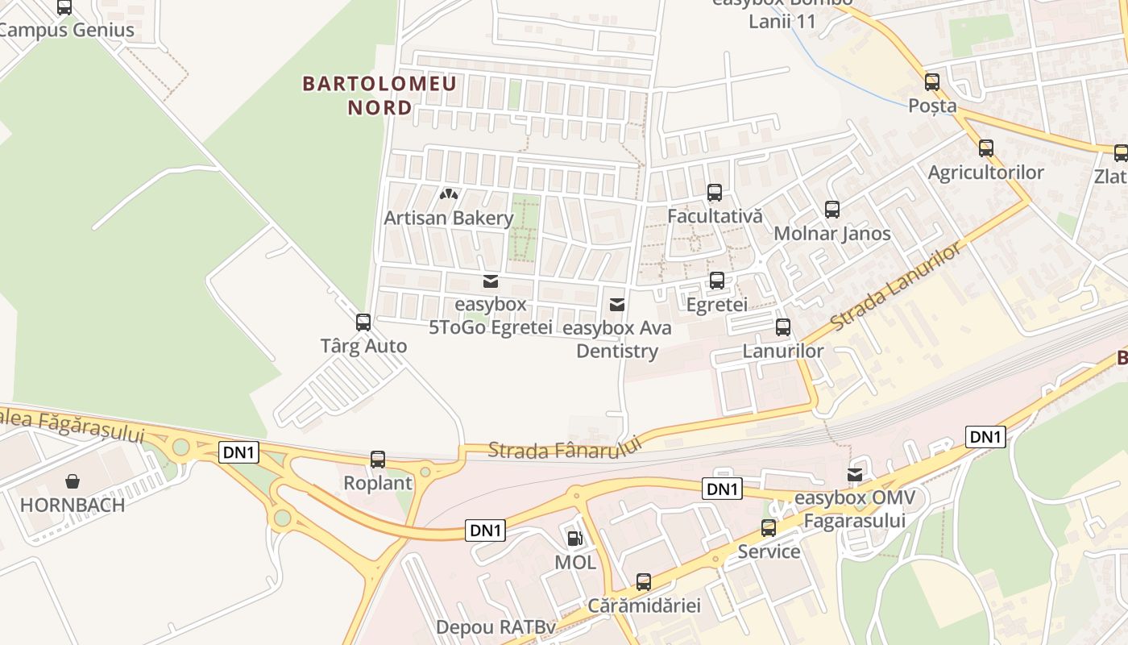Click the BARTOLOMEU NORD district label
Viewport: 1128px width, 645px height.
pos(379,95)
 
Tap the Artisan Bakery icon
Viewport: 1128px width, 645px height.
pos(449,194)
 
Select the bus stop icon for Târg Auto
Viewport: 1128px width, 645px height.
pos(363,322)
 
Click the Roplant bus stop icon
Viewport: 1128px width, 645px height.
pos(378,460)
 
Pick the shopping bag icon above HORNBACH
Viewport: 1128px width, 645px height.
pos(73,481)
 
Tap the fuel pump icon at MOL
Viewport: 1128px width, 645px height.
pos(574,538)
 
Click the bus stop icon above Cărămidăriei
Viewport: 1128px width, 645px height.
pos(644,581)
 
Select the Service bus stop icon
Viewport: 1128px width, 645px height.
pos(769,528)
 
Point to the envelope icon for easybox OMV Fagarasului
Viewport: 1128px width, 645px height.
pos(854,474)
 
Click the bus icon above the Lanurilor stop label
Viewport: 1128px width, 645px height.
pos(783,327)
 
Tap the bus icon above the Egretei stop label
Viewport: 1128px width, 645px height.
pos(716,281)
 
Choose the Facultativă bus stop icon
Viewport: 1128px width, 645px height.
pos(715,193)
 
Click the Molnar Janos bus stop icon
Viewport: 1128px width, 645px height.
pos(832,210)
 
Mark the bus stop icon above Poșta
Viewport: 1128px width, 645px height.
pos(932,81)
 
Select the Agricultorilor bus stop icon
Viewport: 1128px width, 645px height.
pos(985,148)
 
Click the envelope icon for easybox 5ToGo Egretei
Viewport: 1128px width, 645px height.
pos(490,281)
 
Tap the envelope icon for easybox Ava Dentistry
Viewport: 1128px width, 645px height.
pos(617,304)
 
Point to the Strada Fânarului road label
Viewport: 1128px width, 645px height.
pos(565,448)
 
